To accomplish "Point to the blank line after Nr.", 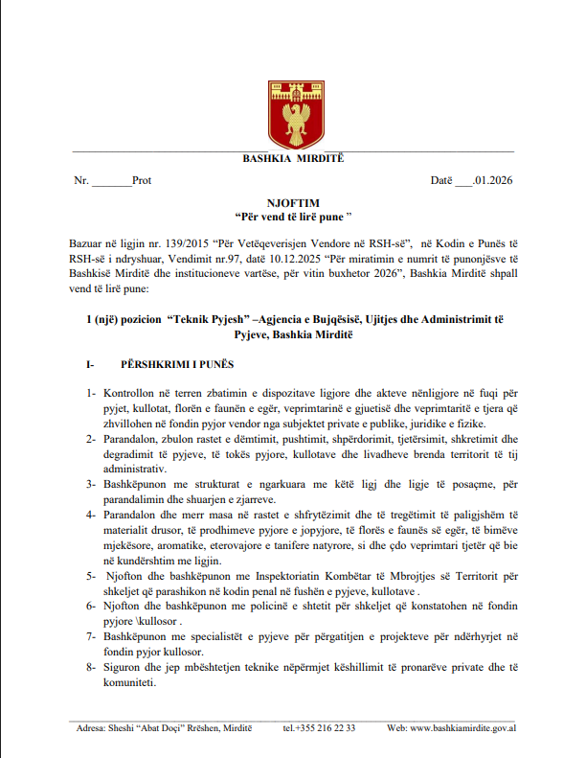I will [112, 182].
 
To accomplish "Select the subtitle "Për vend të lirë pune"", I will [294, 218].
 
